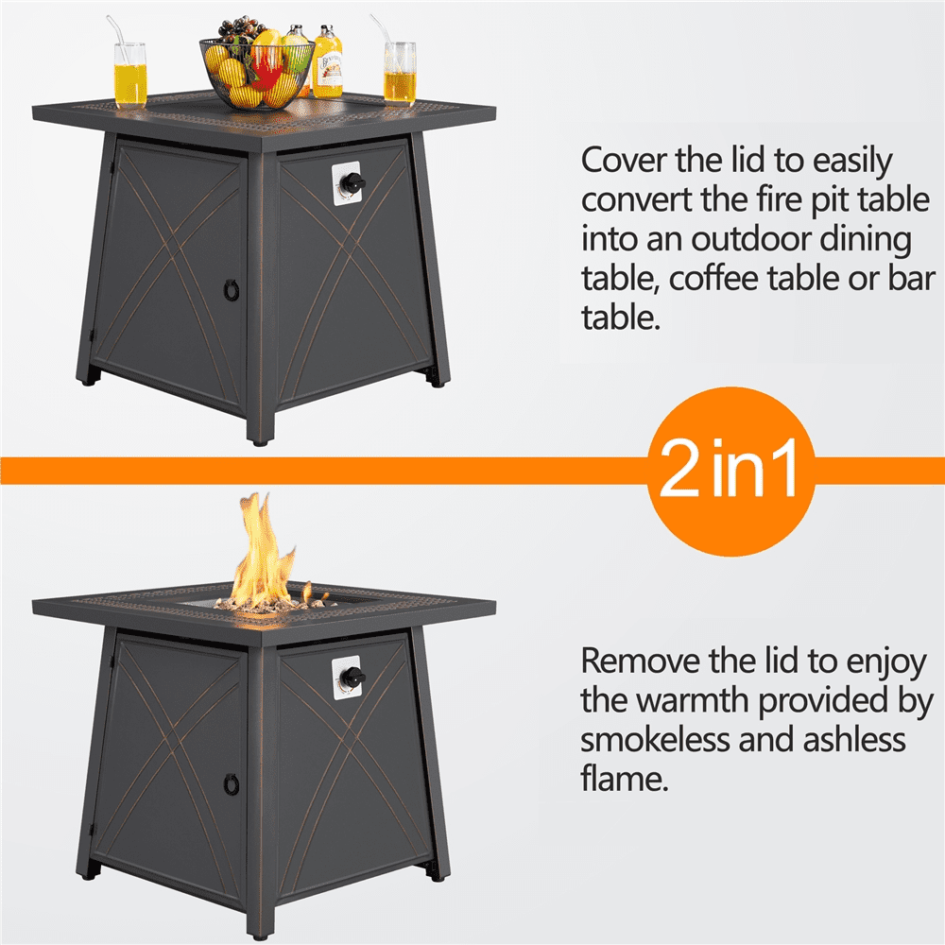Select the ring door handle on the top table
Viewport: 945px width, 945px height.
click(x=231, y=289)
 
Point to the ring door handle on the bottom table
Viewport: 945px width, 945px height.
click(x=231, y=784)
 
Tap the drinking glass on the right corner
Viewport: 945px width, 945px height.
click(x=400, y=73)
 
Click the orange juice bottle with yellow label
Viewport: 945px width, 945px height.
click(x=327, y=62)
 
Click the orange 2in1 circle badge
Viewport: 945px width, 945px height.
click(x=730, y=471)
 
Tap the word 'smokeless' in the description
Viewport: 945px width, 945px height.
click(x=655, y=740)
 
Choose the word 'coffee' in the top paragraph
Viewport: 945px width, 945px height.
click(x=713, y=279)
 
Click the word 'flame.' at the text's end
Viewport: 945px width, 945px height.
click(x=625, y=779)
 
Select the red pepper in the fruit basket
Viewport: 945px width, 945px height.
click(x=266, y=69)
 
